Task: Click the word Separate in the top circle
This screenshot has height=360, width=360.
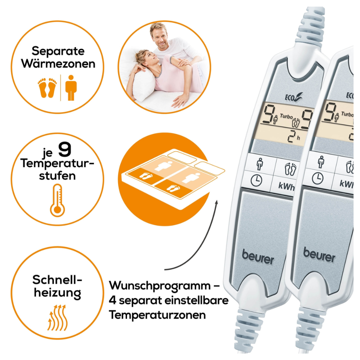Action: pyautogui.click(x=58, y=51)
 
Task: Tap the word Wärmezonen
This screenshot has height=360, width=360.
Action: pyautogui.click(x=58, y=64)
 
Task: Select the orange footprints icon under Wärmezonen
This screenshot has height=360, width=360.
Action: pyautogui.click(x=47, y=87)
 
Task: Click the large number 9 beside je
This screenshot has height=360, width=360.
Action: pyautogui.click(x=64, y=150)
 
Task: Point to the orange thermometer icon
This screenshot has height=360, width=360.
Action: pyautogui.click(x=57, y=200)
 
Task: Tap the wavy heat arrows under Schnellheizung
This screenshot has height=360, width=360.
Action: pyautogui.click(x=57, y=317)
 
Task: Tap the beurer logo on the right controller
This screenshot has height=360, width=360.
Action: pyautogui.click(x=319, y=255)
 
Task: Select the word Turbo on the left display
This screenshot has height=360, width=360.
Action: pyautogui.click(x=285, y=116)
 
